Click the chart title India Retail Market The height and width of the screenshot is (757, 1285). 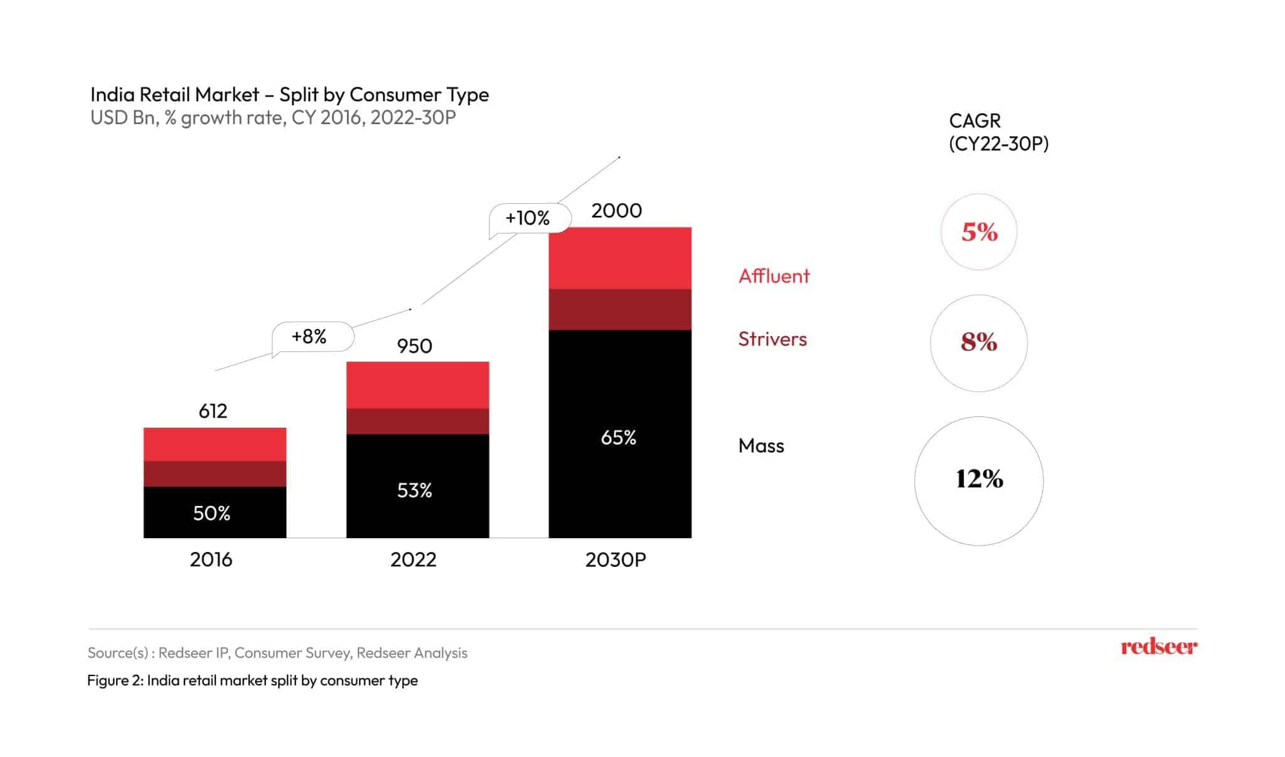289,95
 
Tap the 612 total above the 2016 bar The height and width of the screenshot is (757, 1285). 213,411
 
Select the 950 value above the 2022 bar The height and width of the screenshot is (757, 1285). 414,346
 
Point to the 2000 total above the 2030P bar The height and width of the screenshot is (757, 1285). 616,211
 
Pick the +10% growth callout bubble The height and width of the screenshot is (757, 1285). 529,218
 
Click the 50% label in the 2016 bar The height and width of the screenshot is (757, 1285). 211,514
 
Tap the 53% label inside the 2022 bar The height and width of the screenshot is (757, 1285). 414,490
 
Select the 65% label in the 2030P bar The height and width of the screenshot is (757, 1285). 618,438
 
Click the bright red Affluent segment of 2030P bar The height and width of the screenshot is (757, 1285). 620,258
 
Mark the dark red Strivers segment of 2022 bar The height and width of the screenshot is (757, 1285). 417,421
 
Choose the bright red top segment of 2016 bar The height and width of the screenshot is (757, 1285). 215,444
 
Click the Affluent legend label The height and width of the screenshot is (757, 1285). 774,276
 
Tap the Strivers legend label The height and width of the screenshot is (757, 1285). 772,339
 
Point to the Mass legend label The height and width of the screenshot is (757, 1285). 761,446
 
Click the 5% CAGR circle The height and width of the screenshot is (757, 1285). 979,232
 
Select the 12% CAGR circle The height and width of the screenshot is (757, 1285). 979,480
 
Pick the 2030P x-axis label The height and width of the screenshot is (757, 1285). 616,559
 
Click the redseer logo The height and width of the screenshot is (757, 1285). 1158,647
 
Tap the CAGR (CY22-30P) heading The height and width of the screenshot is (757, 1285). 998,132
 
